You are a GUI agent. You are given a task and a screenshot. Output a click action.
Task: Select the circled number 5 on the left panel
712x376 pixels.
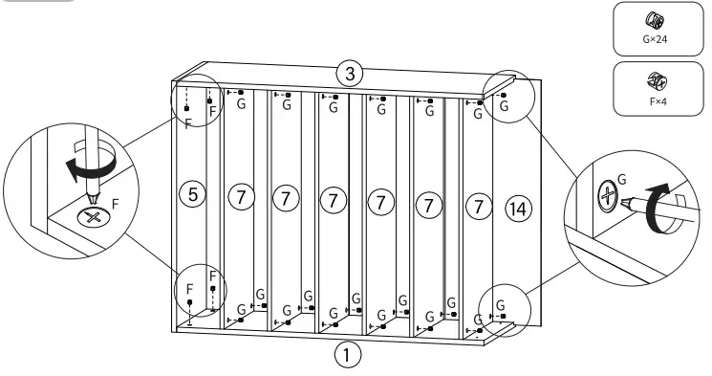pyautogui.click(x=192, y=195)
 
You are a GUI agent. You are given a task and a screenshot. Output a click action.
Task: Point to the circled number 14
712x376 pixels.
pyautogui.click(x=518, y=207)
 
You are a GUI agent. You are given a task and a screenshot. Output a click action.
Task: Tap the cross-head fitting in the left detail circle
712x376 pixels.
pyautogui.click(x=93, y=217)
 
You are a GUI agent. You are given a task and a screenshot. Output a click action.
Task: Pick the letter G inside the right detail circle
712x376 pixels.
pyautogui.click(x=622, y=179)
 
